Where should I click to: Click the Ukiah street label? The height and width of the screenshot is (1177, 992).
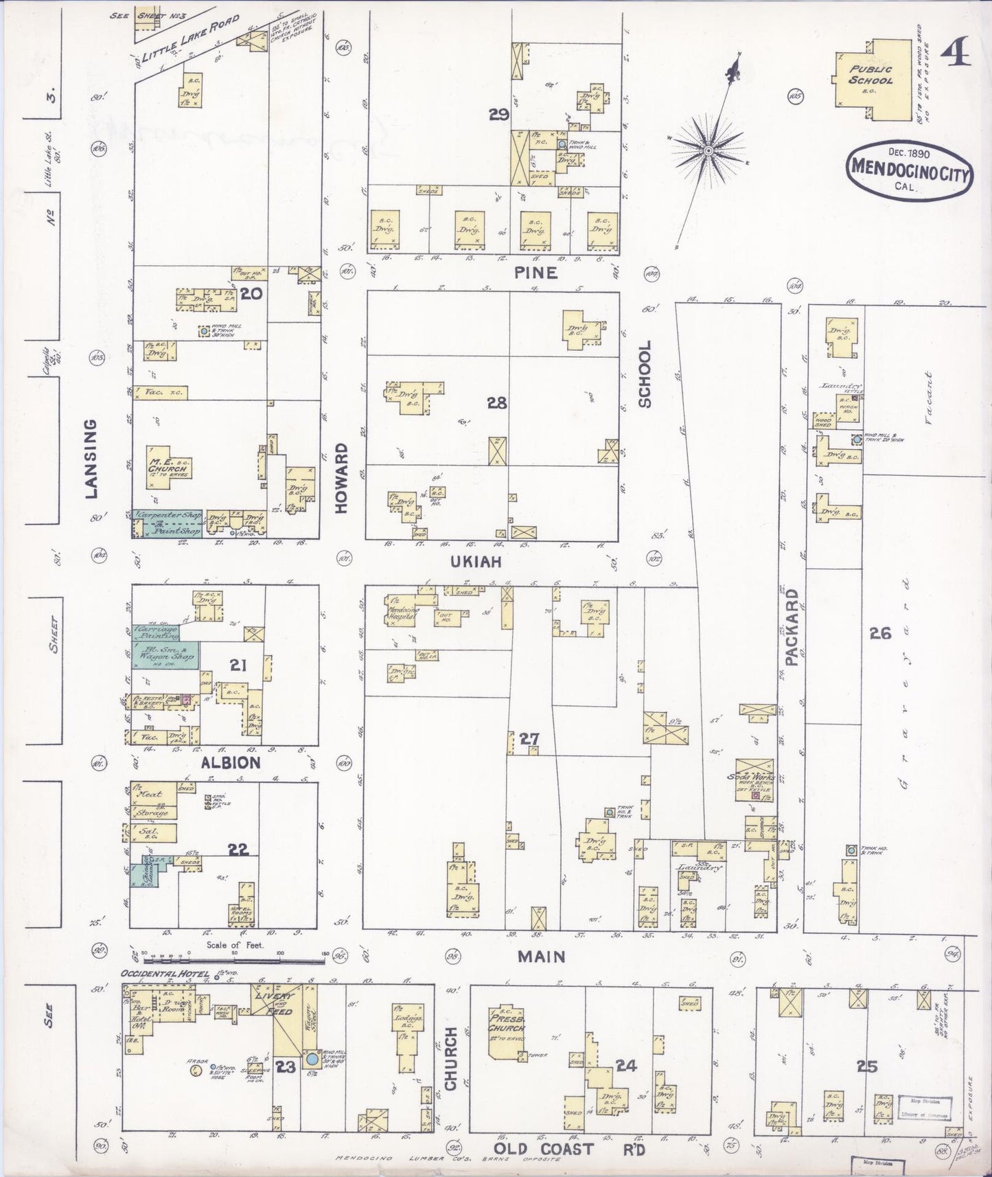476,561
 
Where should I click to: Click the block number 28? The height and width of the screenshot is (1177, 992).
496,403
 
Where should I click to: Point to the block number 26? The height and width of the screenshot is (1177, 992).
880,633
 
